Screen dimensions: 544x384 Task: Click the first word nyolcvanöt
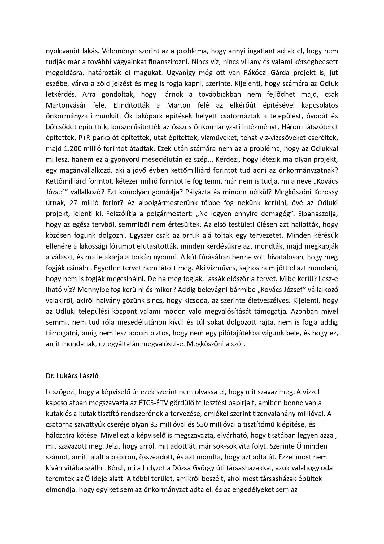60,51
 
